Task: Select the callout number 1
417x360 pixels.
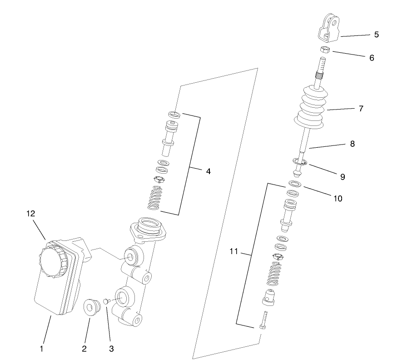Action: click(41, 349)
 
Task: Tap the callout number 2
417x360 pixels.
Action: click(84, 349)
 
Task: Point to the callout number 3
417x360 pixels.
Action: click(111, 349)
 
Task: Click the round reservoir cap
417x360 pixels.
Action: click(54, 260)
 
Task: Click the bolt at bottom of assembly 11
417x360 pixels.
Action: click(264, 321)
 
